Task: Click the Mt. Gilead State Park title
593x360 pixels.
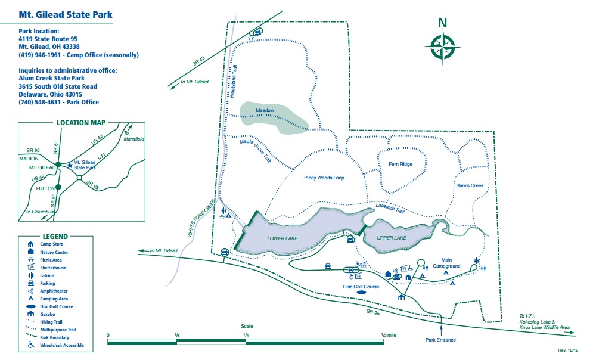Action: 66,15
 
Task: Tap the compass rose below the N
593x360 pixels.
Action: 442,48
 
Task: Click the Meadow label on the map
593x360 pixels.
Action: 265,110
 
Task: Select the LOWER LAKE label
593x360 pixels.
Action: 282,238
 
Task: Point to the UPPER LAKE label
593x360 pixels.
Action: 392,238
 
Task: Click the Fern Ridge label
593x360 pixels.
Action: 400,164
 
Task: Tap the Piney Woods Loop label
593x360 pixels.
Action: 324,178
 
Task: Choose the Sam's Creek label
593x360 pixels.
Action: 470,185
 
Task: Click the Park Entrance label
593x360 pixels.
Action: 440,340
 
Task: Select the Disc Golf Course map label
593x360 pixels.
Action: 361,287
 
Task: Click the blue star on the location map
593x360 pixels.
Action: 70,165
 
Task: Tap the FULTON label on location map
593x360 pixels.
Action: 45,188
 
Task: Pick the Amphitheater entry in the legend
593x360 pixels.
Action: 54,291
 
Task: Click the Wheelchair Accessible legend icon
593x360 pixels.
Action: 30,345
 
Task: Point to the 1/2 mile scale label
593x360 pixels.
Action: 389,335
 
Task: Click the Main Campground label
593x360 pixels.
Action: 446,263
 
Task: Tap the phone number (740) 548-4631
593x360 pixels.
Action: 40,102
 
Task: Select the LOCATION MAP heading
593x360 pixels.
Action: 81,123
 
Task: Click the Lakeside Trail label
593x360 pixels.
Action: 390,208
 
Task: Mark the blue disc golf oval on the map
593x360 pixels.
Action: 361,293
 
